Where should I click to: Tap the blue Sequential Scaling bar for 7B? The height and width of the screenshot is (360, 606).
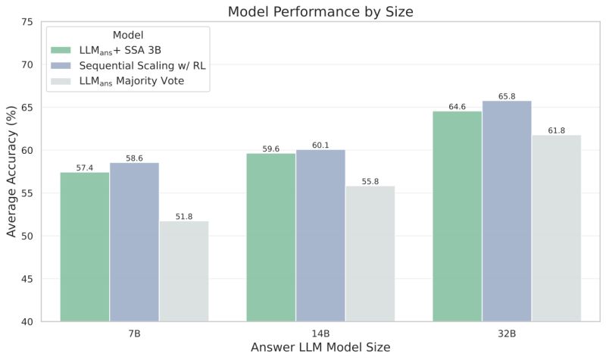click(x=134, y=242)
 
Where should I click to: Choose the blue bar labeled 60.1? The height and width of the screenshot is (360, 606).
click(x=320, y=235)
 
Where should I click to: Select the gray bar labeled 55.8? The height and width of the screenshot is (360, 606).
click(x=370, y=253)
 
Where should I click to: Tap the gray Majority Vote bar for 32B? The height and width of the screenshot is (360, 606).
click(x=556, y=228)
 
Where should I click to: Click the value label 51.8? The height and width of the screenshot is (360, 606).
click(x=183, y=216)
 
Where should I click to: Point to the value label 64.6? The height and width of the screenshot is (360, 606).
click(x=458, y=107)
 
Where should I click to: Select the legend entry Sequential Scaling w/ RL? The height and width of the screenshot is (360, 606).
click(x=142, y=65)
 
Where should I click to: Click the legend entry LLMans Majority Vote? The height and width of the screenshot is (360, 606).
click(x=142, y=81)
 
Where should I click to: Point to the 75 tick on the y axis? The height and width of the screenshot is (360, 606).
click(x=27, y=22)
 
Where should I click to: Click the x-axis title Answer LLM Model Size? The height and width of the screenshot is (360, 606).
click(x=311, y=348)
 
